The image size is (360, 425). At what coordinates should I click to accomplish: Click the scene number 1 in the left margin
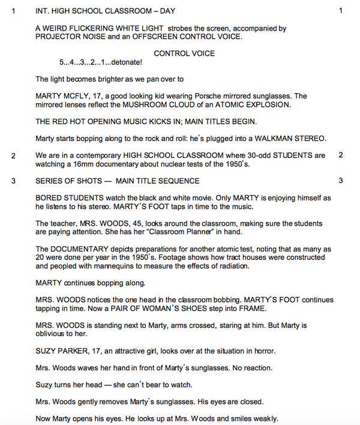point(13,11)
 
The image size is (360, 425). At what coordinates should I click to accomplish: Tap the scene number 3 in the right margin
point(340,181)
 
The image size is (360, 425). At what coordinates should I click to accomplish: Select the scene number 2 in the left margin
point(13,155)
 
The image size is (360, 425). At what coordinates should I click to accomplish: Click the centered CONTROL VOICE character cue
point(184,53)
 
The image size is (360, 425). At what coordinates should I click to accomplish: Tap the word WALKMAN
point(268,139)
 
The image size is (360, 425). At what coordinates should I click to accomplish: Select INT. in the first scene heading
point(43,11)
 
